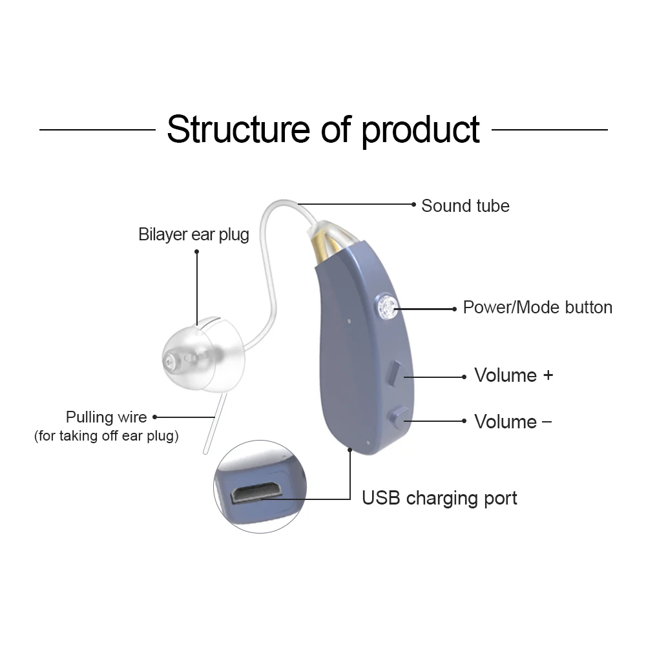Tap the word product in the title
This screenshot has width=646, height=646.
tap(420, 130)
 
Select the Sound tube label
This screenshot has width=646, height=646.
tap(465, 206)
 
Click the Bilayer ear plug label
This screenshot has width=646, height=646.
tap(194, 234)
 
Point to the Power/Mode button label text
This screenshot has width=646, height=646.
tap(537, 307)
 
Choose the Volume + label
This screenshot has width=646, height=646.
tap(514, 375)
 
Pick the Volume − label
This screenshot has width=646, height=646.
tap(513, 422)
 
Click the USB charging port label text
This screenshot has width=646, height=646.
tap(439, 498)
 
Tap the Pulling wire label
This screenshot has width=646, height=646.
tap(107, 417)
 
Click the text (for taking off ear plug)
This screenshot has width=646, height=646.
tap(107, 435)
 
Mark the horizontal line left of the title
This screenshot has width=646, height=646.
tap(97, 129)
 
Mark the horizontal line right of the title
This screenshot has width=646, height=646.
tap(549, 129)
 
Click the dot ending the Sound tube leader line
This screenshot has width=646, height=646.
tap(413, 204)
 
